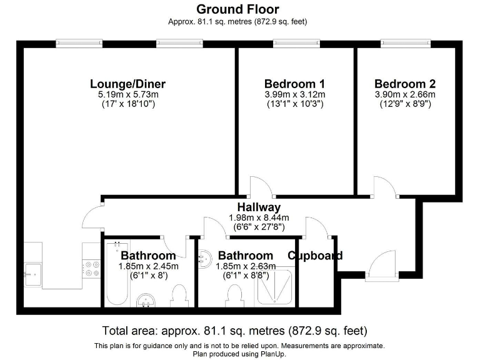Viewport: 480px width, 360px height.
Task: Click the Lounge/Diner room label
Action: click(127, 84)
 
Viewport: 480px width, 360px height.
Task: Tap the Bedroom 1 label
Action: click(294, 84)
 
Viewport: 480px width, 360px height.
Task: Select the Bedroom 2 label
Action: click(405, 84)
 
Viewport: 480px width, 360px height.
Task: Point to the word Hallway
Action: click(259, 207)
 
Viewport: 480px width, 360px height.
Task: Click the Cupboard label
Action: click(314, 256)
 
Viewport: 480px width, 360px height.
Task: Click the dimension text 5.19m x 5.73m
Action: click(127, 94)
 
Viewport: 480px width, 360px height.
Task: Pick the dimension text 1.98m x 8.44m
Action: click(259, 218)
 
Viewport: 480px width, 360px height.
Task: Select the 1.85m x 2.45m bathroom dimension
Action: click(149, 266)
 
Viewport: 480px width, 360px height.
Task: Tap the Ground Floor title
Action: click(237, 9)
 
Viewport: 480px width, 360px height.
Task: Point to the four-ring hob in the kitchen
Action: click(92, 268)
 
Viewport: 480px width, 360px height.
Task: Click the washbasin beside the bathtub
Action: click(148, 301)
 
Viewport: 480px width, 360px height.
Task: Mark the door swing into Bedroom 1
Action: click(258, 186)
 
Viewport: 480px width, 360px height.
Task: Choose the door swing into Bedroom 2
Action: click(382, 186)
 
